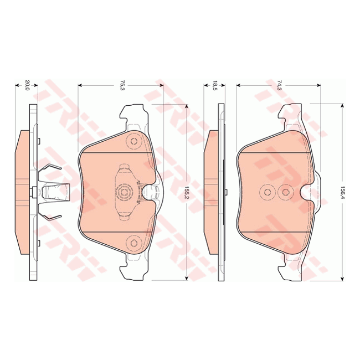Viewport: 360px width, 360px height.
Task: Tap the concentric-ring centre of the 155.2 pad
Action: (124, 193)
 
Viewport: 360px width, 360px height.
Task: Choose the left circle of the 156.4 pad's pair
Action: (268, 192)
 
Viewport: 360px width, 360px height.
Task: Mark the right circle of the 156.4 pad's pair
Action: (286, 192)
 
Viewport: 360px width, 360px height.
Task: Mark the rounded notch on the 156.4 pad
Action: (308, 194)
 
